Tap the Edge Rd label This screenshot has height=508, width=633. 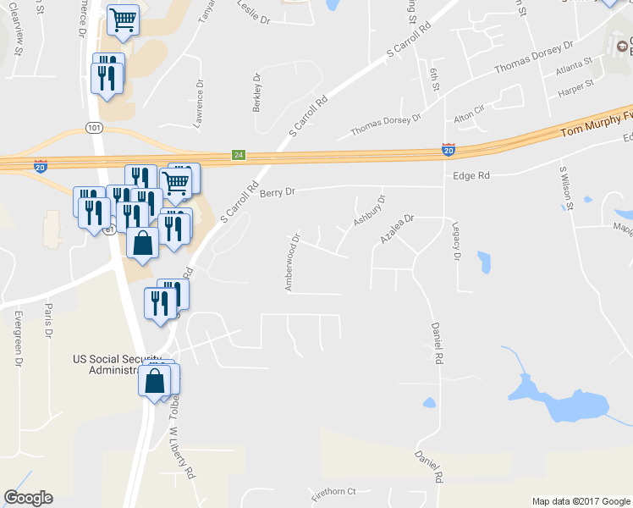pos(472,175)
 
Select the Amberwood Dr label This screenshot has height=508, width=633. pos(291,262)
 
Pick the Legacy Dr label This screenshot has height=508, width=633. pos(456,241)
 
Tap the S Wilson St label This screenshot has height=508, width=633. pos(565,187)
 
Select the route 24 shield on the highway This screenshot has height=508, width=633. pos(239,155)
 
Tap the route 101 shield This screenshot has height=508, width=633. pos(93,128)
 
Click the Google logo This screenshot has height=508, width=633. pos(28,498)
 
